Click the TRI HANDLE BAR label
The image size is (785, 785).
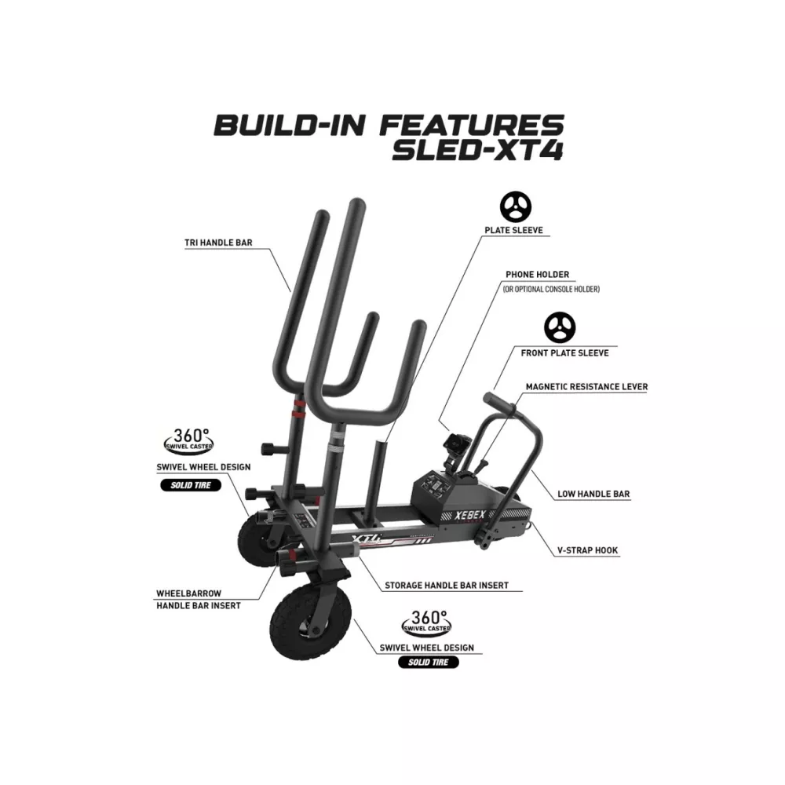(218, 243)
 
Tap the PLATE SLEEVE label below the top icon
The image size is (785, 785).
(513, 230)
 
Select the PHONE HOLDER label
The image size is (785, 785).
(537, 274)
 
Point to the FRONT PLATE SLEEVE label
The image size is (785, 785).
(564, 353)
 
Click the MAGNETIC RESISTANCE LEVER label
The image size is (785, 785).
(586, 386)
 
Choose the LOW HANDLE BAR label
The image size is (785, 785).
(593, 494)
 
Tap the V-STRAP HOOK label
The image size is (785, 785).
(588, 550)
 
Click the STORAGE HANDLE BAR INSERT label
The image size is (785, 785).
(447, 586)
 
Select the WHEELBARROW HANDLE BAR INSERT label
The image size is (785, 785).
(199, 600)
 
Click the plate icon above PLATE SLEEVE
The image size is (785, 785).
(516, 206)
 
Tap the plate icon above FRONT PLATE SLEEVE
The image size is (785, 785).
(560, 328)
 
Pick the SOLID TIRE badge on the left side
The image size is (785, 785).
(191, 485)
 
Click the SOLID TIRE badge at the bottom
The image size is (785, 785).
(429, 663)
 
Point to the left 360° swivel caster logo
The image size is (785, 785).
(189, 441)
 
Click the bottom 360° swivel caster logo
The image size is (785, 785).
(426, 623)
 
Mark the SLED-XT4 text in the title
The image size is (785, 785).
(478, 151)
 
